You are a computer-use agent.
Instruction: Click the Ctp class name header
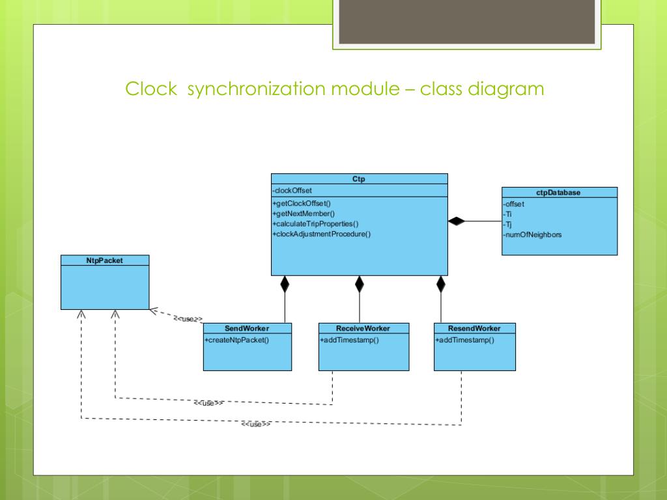pyautogui.click(x=359, y=179)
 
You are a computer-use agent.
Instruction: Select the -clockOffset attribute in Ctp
pyautogui.click(x=292, y=190)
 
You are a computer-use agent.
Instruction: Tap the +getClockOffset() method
pyautogui.click(x=302, y=204)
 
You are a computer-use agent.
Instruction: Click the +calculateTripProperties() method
pyautogui.click(x=315, y=223)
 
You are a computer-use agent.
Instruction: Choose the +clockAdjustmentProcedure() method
pyautogui.click(x=321, y=234)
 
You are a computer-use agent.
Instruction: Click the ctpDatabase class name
pyautogui.click(x=559, y=193)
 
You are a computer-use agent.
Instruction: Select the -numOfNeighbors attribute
pyautogui.click(x=532, y=234)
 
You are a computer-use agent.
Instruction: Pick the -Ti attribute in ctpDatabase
pyautogui.click(x=507, y=214)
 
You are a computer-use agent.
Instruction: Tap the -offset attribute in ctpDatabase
pyautogui.click(x=514, y=204)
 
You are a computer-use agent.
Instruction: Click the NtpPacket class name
pyautogui.click(x=104, y=260)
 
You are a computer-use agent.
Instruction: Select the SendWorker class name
pyautogui.click(x=247, y=328)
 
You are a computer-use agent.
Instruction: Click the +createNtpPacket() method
pyautogui.click(x=236, y=340)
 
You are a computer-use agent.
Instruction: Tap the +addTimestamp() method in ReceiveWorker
pyautogui.click(x=349, y=340)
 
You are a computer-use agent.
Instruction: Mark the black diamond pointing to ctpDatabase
pyautogui.click(x=457, y=221)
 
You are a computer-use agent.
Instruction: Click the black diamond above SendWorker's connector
pyautogui.click(x=285, y=284)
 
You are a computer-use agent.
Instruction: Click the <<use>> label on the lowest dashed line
pyautogui.click(x=255, y=424)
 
